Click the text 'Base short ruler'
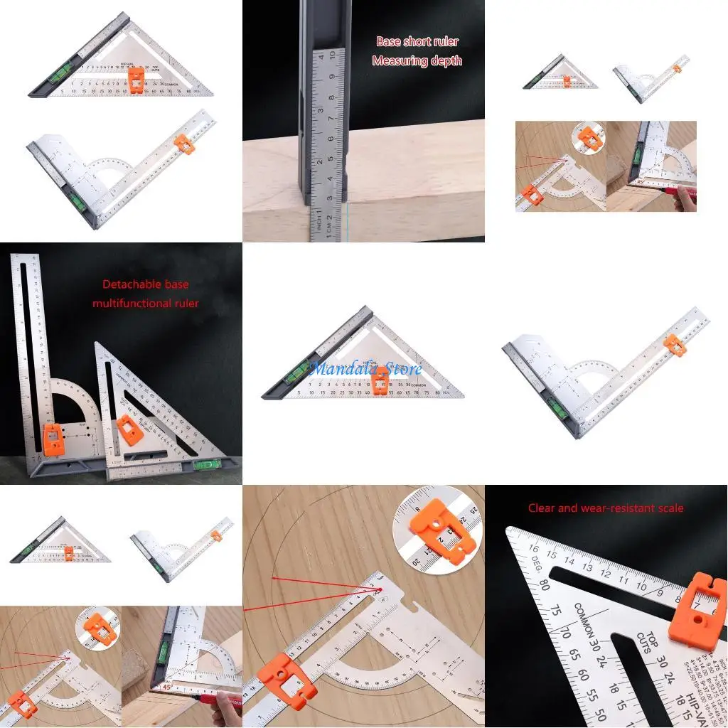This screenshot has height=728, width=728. tap(417, 41)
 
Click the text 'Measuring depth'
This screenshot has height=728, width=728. tap(417, 61)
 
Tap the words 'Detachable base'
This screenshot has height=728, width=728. tap(146, 284)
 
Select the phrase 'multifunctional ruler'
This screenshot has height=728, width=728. tap(146, 304)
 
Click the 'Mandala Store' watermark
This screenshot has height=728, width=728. tap(365, 368)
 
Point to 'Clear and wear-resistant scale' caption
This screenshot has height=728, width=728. tap(606, 508)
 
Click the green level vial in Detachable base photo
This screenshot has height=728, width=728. tap(208, 466)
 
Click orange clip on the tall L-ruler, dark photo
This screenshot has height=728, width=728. tap(54, 439)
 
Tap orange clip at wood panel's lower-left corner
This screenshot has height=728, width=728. tap(282, 675)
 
